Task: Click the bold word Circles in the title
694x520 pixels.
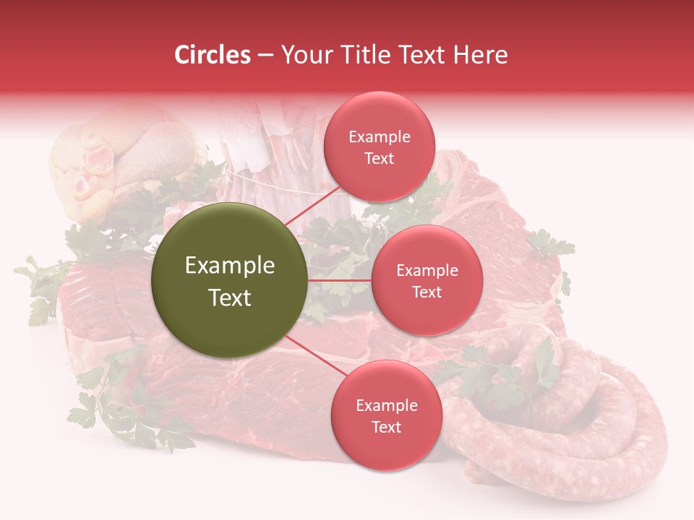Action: click(213, 55)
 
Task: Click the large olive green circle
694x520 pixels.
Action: click(230, 280)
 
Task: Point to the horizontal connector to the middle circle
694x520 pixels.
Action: click(340, 280)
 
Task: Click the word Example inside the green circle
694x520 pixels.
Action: click(230, 266)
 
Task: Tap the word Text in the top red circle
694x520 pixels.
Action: click(379, 158)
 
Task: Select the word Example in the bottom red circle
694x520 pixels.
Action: click(386, 405)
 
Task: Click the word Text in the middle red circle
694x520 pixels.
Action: click(427, 292)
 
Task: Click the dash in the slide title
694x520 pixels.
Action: click(265, 55)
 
